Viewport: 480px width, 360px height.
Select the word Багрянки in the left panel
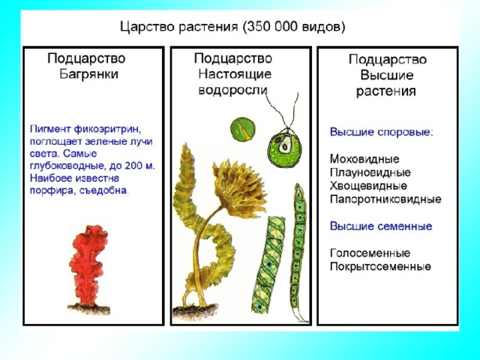(88, 74)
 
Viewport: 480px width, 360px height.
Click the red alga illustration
(88, 266)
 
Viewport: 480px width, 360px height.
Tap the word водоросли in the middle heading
(233, 90)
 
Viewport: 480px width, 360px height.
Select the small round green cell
(242, 129)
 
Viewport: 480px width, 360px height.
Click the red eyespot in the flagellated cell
(278, 140)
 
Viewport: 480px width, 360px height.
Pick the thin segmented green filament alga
(297, 251)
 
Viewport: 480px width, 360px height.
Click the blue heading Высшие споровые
(382, 132)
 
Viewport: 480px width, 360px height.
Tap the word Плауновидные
(370, 172)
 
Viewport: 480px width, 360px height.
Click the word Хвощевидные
(368, 186)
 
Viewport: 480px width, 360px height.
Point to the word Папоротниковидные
(385, 199)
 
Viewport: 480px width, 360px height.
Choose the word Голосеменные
(370, 253)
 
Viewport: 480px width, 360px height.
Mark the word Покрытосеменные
(380, 267)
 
